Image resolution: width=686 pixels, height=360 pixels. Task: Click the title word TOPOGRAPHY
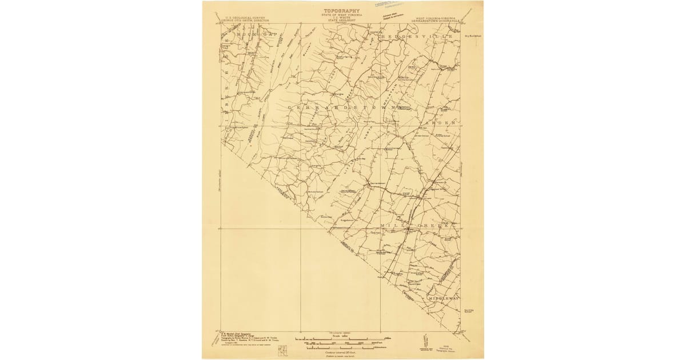point(343,10)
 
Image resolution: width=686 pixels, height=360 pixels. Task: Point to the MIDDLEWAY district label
point(441,298)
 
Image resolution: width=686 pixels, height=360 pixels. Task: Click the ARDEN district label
point(441,122)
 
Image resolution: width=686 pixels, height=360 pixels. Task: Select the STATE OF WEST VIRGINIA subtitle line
point(343,15)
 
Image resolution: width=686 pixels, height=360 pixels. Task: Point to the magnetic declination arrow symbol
point(424,341)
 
